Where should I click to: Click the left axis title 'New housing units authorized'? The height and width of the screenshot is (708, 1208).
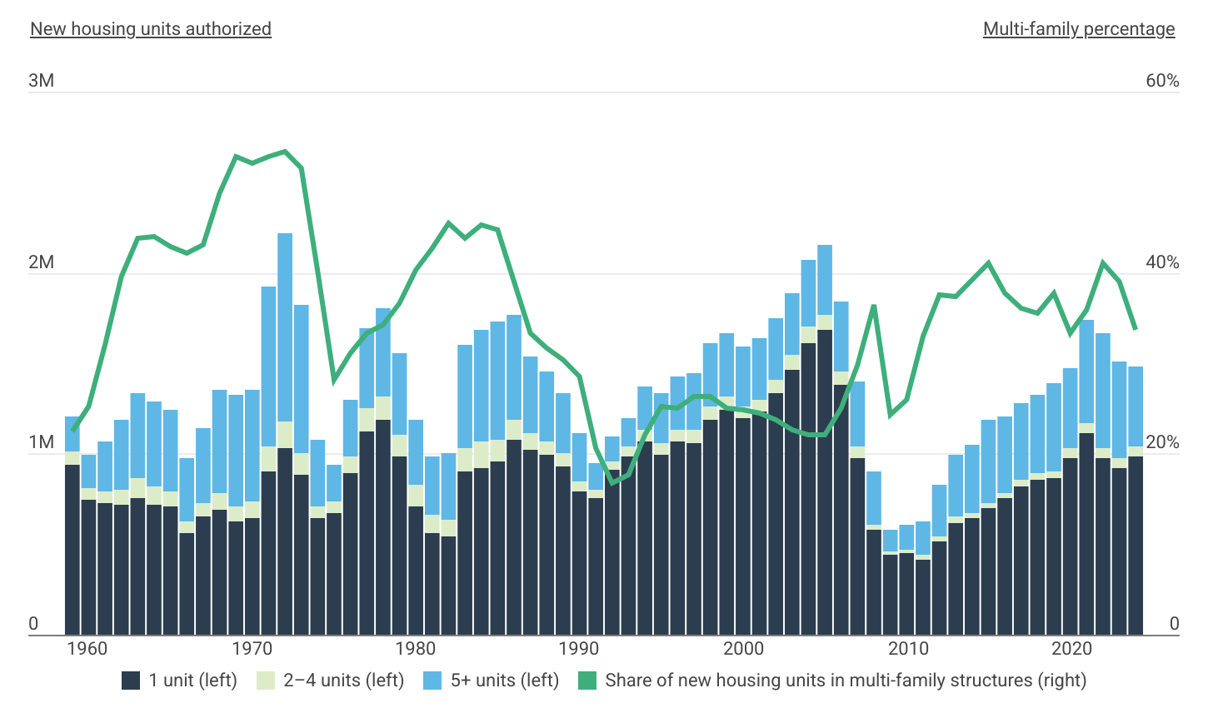tap(151, 29)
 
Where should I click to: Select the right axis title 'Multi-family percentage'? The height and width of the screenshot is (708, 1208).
tap(1079, 29)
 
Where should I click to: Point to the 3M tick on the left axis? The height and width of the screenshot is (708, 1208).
tap(42, 81)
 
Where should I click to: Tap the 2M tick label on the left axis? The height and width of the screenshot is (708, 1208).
tap(42, 262)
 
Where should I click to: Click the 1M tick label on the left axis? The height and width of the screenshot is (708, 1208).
tap(42, 442)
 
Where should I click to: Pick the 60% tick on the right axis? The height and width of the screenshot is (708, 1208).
tap(1162, 81)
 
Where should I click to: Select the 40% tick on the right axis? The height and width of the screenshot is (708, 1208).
tap(1162, 262)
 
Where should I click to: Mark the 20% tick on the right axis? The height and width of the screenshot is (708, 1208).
tap(1162, 442)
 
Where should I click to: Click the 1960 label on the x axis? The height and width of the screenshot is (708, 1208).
tap(87, 649)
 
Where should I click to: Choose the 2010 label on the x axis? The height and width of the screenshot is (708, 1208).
tap(908, 649)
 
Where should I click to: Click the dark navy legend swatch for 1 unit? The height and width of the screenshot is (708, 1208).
tap(131, 681)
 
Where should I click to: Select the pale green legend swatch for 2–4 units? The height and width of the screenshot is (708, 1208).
tap(266, 681)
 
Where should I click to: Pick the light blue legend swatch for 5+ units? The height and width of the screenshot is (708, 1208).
tap(432, 681)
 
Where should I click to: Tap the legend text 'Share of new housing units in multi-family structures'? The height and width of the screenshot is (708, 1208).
tap(846, 681)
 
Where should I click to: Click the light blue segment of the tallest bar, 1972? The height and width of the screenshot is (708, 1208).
tap(285, 325)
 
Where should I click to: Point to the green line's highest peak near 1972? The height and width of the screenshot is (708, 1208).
tap(285, 152)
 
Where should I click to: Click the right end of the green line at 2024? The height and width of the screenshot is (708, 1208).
tap(1135, 328)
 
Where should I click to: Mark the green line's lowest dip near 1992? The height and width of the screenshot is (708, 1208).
tap(611, 482)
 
